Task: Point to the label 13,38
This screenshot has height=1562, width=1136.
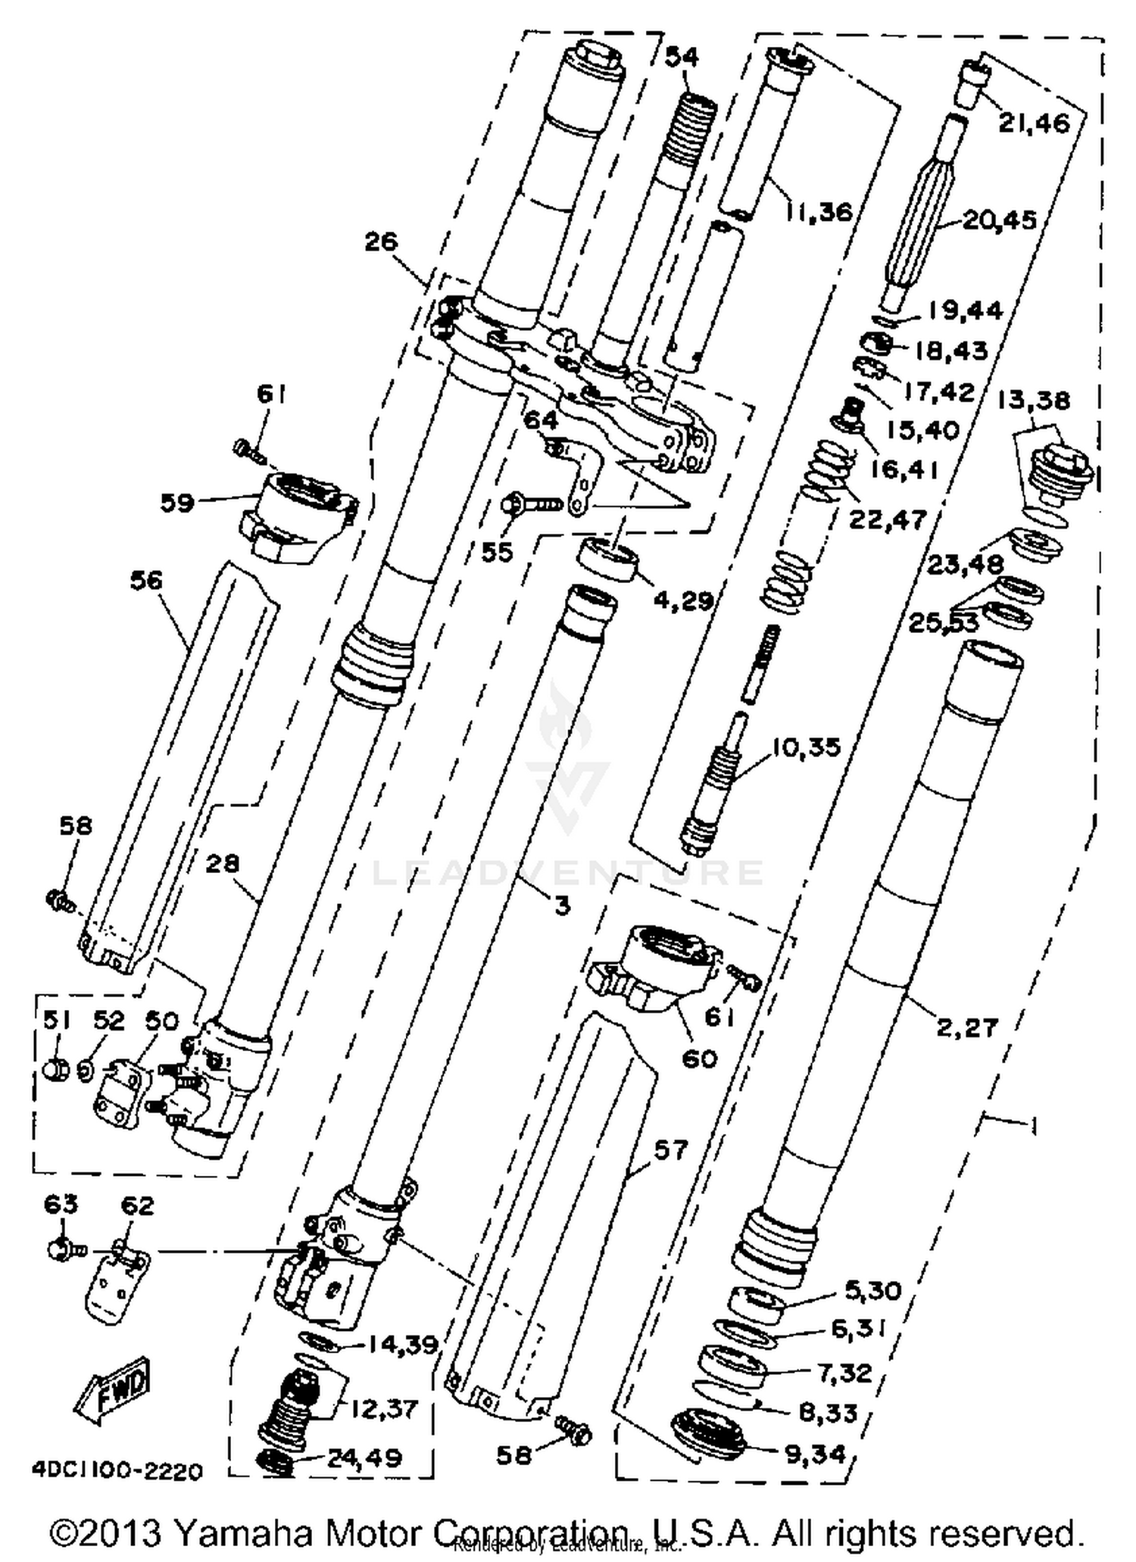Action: pyautogui.click(x=1033, y=401)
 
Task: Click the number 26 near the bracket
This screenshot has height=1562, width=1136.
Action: pyautogui.click(x=381, y=242)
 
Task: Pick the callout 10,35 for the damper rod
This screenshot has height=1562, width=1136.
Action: pyautogui.click(x=807, y=747)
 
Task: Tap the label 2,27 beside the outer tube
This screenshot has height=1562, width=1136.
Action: pyautogui.click(x=967, y=1027)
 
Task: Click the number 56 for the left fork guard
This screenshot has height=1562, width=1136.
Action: pyautogui.click(x=146, y=581)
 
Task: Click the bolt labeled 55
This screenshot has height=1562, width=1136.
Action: pyautogui.click(x=516, y=502)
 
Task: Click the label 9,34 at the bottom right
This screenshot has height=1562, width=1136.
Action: pyautogui.click(x=814, y=1454)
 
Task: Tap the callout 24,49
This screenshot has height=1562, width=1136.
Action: pyautogui.click(x=364, y=1458)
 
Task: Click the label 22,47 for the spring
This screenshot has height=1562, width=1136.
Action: pyautogui.click(x=888, y=519)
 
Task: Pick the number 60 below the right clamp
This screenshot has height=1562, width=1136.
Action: pyautogui.click(x=698, y=1058)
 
